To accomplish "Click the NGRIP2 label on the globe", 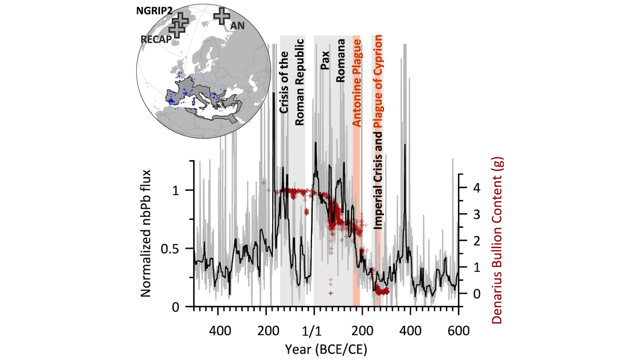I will [x=154, y=11].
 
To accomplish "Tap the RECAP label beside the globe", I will [x=156, y=39].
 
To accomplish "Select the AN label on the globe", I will [x=237, y=26].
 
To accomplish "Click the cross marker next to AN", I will [x=222, y=16].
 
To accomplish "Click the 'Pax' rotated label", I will [x=325, y=60].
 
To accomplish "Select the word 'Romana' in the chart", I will [x=340, y=61].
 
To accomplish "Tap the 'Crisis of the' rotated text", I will [x=284, y=82].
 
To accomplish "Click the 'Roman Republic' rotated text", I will [x=299, y=82].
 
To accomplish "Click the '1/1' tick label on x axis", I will [x=312, y=331].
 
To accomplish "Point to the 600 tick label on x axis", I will [x=458, y=331].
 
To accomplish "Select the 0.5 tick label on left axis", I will [x=170, y=249].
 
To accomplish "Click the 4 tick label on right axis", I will [x=477, y=188].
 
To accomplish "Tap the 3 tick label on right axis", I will [x=477, y=214].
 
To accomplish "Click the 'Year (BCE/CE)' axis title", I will [x=326, y=349].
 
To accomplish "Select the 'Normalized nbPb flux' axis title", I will [x=146, y=233].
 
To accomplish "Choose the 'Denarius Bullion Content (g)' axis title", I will [x=497, y=240].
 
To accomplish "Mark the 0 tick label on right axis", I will [x=477, y=294].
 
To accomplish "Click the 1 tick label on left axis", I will [x=175, y=191].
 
